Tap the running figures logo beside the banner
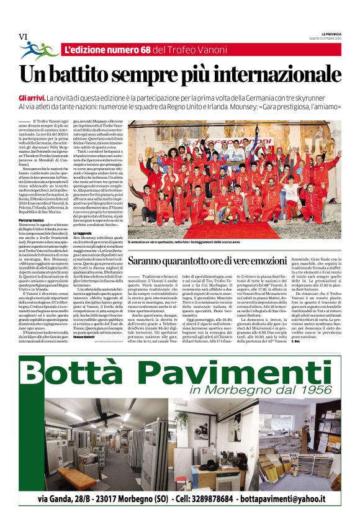[38, 50]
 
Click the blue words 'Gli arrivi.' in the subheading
[32, 99]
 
